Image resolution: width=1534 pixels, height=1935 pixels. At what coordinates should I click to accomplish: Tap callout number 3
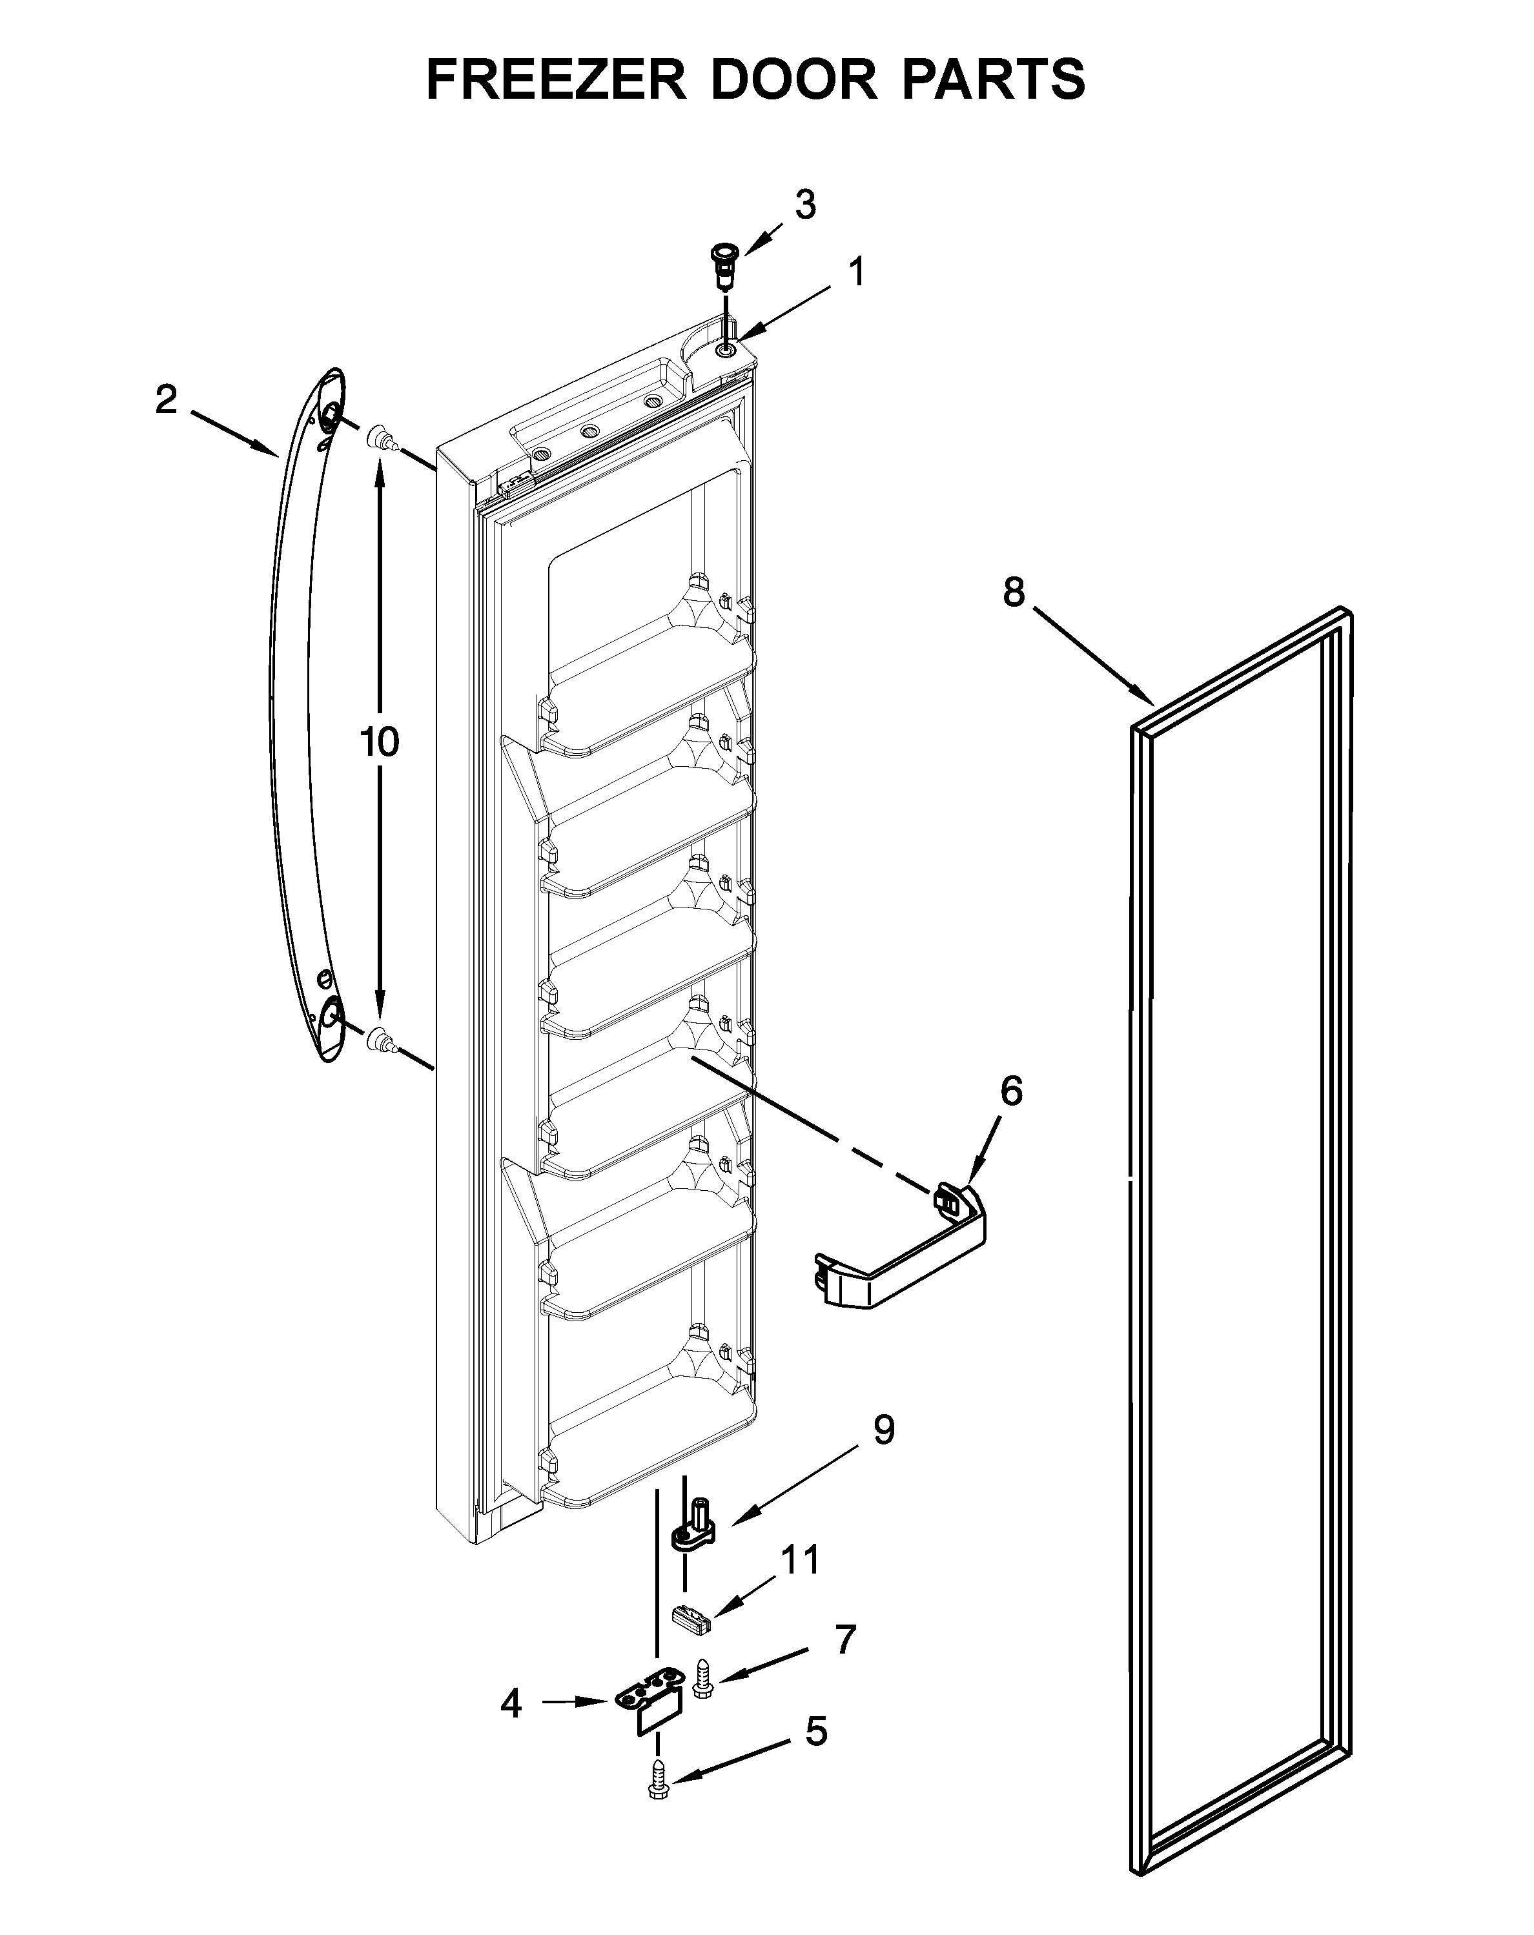805,205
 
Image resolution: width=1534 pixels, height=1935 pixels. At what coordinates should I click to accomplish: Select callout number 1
857,272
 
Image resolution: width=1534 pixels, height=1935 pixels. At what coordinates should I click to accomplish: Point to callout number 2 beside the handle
166,400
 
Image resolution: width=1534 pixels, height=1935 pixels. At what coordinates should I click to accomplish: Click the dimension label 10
380,742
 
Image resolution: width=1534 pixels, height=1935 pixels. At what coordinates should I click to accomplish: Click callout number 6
1010,1091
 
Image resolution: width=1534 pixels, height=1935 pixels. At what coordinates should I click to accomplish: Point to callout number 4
511,1703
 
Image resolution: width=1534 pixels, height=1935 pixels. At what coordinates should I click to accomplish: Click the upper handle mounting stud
380,439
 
